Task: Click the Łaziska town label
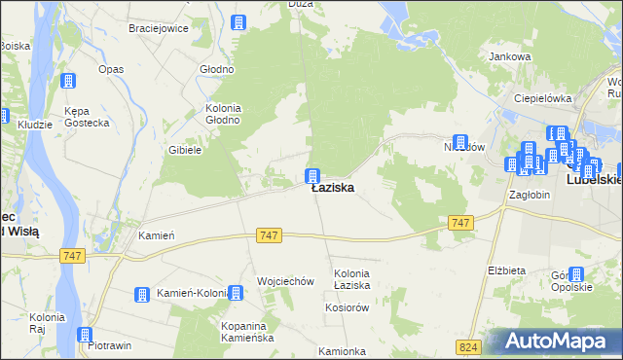click(332, 189)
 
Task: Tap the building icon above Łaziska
click(313, 175)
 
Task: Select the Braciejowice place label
click(157, 28)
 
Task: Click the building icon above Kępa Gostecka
click(68, 82)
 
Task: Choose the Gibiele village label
click(184, 150)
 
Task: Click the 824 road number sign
click(469, 345)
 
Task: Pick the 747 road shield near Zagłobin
click(462, 224)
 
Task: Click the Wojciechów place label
click(285, 281)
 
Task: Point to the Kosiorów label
click(347, 306)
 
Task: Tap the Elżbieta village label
click(506, 270)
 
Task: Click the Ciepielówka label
click(543, 98)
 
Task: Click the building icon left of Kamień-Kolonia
click(142, 293)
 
